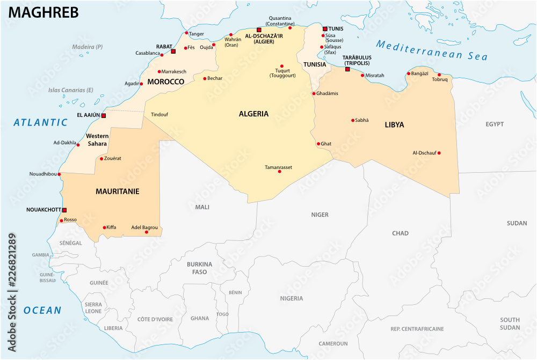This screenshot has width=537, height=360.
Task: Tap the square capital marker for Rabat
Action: point(173,52)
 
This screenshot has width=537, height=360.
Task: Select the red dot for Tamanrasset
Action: point(279,171)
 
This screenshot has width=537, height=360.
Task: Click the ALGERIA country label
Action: point(253,114)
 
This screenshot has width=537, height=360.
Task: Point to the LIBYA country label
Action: point(394,125)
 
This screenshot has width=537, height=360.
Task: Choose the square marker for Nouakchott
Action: point(64,210)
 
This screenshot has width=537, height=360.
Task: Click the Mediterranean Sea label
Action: point(431,51)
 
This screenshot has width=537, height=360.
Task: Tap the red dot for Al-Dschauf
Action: point(439,153)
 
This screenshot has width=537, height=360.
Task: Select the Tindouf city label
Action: point(159,114)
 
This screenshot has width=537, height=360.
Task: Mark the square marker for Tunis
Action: point(325,29)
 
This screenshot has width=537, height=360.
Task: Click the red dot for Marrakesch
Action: point(159,71)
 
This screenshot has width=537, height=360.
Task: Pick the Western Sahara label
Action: point(97,139)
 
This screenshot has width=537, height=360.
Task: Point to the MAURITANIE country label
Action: point(117,191)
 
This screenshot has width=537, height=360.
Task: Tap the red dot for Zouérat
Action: point(101,158)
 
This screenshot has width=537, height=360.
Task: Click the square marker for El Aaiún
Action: point(104,115)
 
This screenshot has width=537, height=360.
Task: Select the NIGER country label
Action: point(320,215)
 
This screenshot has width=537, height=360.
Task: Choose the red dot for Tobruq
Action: point(439,75)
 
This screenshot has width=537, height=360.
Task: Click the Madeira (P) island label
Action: point(88,47)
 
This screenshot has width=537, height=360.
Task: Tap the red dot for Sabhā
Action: point(353,120)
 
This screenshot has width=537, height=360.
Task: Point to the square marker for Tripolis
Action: point(347,69)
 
